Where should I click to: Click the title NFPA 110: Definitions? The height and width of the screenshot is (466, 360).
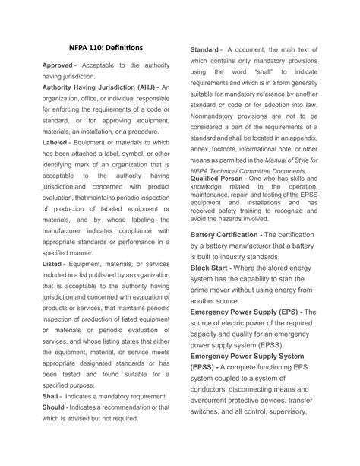[106, 45]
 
